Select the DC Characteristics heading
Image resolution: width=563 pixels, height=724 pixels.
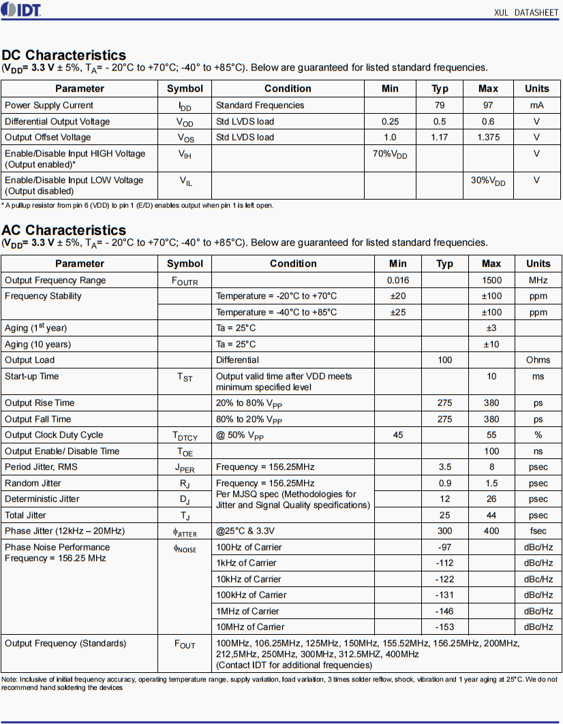click(x=64, y=55)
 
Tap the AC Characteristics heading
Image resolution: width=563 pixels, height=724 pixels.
click(x=64, y=230)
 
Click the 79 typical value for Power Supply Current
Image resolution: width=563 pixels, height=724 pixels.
click(x=440, y=105)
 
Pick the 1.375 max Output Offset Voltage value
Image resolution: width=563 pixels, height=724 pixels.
click(x=488, y=137)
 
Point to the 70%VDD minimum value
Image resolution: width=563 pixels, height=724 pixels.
click(x=390, y=155)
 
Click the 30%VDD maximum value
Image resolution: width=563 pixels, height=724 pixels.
click(x=488, y=181)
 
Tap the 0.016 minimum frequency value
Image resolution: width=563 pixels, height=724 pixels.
click(x=397, y=280)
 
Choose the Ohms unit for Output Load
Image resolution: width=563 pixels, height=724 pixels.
click(x=538, y=360)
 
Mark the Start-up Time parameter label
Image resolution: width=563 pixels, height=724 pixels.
click(x=32, y=376)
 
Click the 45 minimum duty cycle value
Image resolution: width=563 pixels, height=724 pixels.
click(x=397, y=435)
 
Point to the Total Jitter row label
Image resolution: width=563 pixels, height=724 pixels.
click(x=26, y=515)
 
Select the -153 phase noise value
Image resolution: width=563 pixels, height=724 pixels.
click(x=444, y=627)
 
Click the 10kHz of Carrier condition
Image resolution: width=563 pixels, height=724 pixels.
click(x=249, y=579)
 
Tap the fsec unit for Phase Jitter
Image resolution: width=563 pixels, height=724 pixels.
click(x=538, y=531)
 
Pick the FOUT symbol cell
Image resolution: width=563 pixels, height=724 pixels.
click(x=185, y=644)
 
